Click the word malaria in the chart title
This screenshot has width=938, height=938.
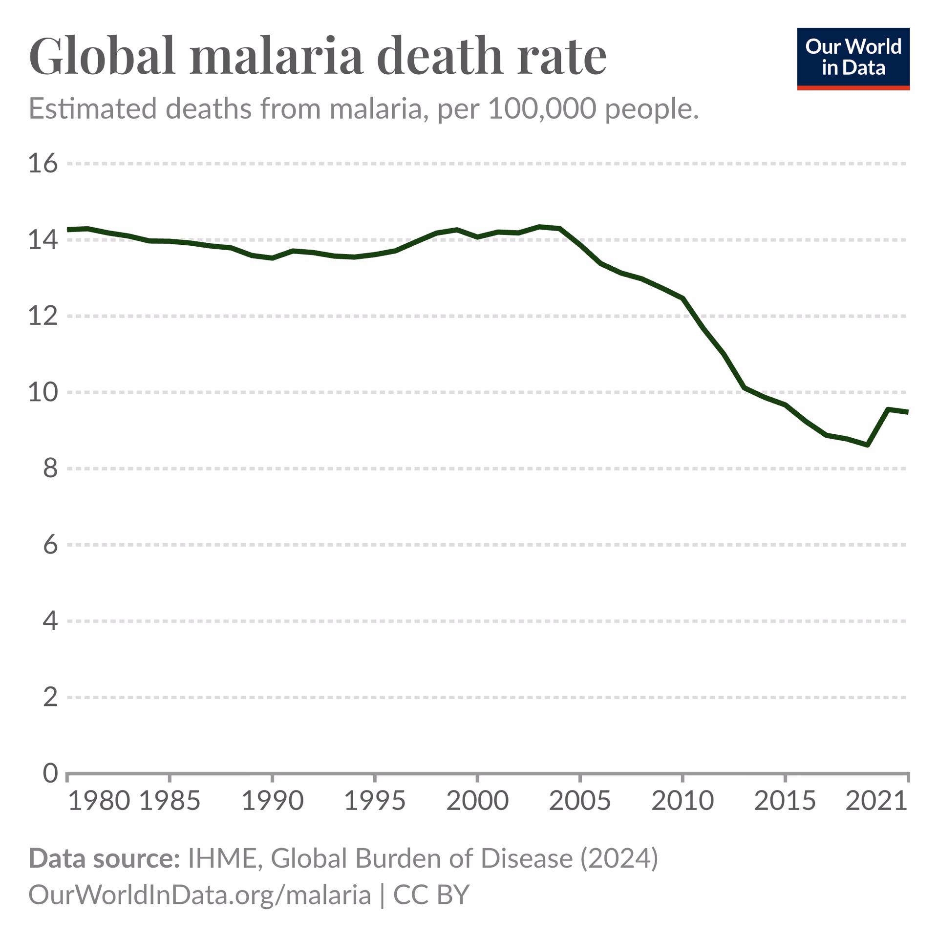pyautogui.click(x=277, y=56)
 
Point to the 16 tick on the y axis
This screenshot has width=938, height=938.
pyautogui.click(x=43, y=163)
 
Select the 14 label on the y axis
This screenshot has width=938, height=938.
pyautogui.click(x=43, y=239)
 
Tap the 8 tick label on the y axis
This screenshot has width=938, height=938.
pyautogui.click(x=50, y=469)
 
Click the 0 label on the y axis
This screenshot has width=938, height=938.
pyautogui.click(x=50, y=773)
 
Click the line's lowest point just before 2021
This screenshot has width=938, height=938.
pyautogui.click(x=867, y=445)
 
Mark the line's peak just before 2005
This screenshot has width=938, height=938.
pyautogui.click(x=539, y=227)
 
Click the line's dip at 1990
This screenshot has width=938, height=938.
pyautogui.click(x=272, y=258)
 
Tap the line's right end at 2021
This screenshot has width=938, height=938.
pyautogui.click(x=907, y=412)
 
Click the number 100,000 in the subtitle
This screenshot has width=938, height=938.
pyautogui.click(x=542, y=108)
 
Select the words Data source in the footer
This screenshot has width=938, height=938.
pyautogui.click(x=105, y=858)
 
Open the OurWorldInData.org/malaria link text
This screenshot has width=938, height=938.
pyautogui.click(x=200, y=895)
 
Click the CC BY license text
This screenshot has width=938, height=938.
pyautogui.click(x=431, y=895)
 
